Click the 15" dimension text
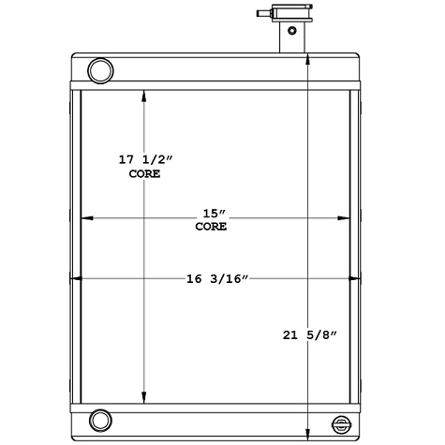point(211,212)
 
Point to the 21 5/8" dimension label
point(309,334)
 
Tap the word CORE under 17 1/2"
point(144,174)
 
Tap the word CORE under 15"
point(211,226)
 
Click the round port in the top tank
point(98,69)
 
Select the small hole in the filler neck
point(292,31)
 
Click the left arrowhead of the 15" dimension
point(86,218)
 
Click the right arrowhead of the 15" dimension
point(344,218)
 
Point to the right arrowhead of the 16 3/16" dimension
point(355,278)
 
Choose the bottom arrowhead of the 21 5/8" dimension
point(309,433)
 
